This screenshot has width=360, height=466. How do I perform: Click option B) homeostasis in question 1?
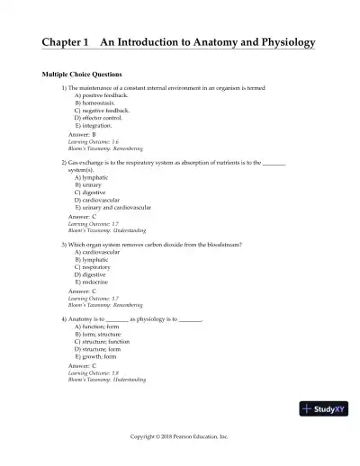[98, 103]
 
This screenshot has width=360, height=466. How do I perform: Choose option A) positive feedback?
[103, 95]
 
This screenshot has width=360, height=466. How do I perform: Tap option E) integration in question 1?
[97, 125]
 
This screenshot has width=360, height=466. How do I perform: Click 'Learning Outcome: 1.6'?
[94, 141]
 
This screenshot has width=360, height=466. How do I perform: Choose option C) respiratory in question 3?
[95, 267]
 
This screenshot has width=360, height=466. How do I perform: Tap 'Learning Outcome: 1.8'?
[94, 372]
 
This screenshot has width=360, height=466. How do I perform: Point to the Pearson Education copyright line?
[180, 435]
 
